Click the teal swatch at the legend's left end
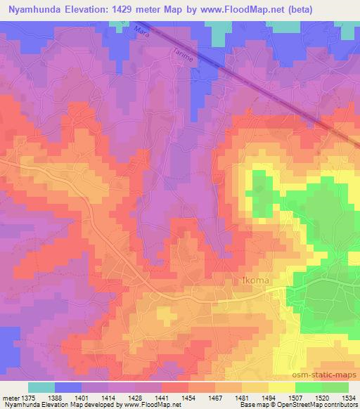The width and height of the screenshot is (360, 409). pos(41,387)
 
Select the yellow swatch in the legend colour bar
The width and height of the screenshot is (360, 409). pos(281,387)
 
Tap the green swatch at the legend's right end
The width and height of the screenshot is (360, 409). pos(335,387)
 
